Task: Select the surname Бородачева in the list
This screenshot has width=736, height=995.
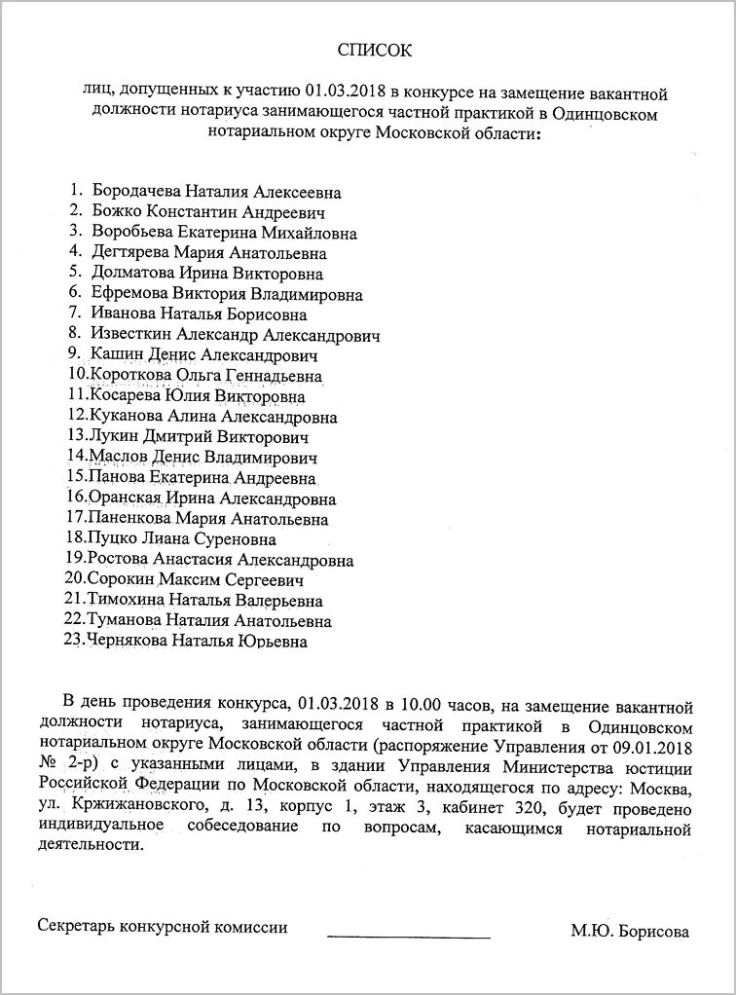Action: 134,193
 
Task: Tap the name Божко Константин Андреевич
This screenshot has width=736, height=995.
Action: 208,212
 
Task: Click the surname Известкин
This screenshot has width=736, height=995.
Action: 134,335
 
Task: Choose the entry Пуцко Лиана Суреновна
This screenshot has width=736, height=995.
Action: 182,539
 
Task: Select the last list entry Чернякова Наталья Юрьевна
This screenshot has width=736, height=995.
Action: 198,642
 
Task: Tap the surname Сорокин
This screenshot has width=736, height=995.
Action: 122,580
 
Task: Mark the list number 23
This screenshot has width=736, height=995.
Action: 75,641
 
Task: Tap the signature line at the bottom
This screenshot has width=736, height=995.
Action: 409,937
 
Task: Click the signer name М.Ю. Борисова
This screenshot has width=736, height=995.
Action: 630,932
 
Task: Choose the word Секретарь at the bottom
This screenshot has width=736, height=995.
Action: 77,928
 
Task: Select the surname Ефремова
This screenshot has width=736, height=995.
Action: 129,294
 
